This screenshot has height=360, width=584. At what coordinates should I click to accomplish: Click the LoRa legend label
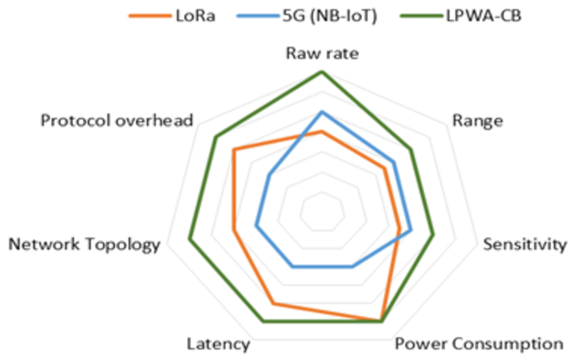click(x=196, y=16)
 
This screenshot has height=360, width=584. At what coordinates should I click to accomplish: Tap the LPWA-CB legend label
click(x=484, y=16)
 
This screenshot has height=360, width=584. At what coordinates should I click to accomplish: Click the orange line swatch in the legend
click(x=150, y=16)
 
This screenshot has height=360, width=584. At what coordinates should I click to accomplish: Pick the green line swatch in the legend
click(x=422, y=16)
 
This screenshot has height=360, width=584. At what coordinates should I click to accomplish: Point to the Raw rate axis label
click(x=322, y=54)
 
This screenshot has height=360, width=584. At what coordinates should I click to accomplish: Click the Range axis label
click(x=478, y=121)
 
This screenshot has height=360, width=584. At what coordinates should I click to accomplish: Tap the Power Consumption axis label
click(x=479, y=344)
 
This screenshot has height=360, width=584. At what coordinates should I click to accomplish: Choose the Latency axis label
click(x=218, y=344)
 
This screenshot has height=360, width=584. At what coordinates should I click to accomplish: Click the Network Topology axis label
click(x=84, y=244)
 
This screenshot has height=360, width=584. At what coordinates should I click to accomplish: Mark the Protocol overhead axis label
click(x=117, y=121)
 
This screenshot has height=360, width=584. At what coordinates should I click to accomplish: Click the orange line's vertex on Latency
click(x=273, y=303)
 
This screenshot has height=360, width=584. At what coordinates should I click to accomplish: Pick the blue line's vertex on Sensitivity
click(x=411, y=230)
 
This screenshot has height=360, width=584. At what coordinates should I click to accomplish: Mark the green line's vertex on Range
click(x=411, y=150)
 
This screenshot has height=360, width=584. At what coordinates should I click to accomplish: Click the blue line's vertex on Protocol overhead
click(x=269, y=175)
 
